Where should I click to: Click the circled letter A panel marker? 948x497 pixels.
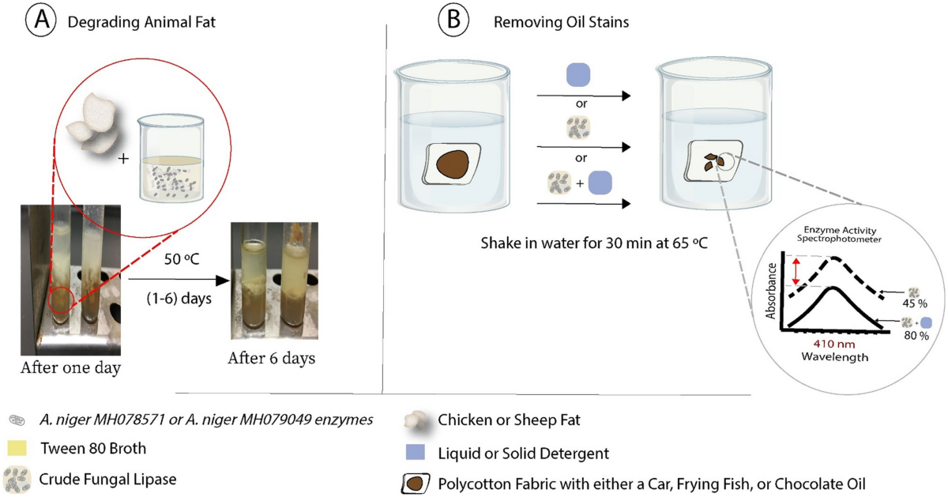click(40, 22)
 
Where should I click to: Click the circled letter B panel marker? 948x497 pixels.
click(453, 22)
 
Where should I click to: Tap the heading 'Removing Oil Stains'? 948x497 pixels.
click(561, 23)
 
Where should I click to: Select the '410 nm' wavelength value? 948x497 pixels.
click(829, 344)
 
